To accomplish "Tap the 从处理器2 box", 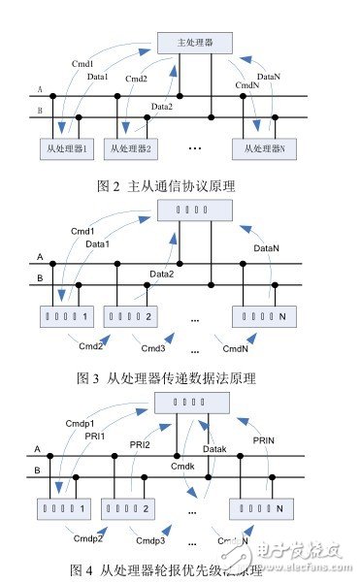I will pyautogui.click(x=136, y=149).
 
